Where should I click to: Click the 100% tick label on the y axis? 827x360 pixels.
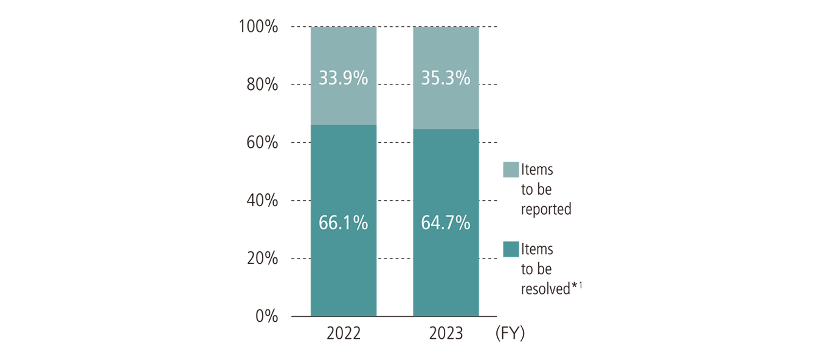(x=259, y=27)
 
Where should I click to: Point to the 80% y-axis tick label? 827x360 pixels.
(x=263, y=85)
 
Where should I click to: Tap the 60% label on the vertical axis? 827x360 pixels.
(x=263, y=143)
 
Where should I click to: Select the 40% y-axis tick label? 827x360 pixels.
(x=263, y=201)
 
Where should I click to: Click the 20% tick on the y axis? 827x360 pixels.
(x=263, y=258)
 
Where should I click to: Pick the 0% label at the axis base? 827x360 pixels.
(x=266, y=316)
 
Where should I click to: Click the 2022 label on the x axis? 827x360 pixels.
(x=344, y=334)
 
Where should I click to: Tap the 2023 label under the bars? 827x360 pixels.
(x=446, y=334)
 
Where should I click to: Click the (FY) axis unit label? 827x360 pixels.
(x=510, y=334)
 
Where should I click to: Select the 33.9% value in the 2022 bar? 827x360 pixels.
(x=344, y=78)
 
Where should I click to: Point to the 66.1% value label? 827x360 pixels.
(x=344, y=223)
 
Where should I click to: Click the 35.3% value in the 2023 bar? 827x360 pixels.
(x=446, y=78)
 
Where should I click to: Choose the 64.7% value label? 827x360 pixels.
(x=446, y=223)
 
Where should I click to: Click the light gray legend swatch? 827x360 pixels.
(x=511, y=170)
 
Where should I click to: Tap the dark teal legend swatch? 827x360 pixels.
(x=511, y=249)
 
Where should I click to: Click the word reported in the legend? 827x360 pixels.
(x=546, y=209)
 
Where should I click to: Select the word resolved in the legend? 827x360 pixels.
(x=545, y=289)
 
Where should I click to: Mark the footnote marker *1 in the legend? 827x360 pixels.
(x=577, y=287)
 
